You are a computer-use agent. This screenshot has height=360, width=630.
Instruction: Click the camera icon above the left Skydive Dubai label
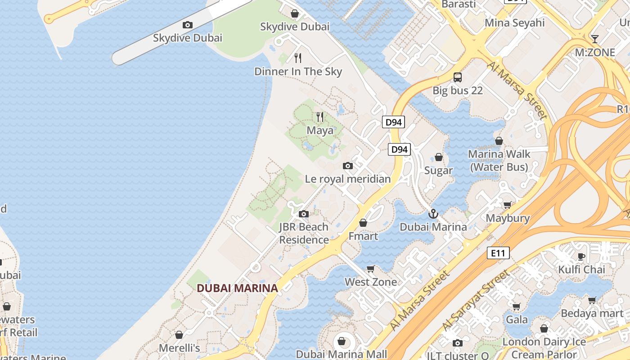coord(188,25)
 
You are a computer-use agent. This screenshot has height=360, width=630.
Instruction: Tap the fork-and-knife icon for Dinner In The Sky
coord(297,58)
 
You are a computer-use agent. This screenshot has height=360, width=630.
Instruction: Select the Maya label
coord(320,130)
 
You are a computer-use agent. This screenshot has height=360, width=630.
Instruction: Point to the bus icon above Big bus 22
coord(458,77)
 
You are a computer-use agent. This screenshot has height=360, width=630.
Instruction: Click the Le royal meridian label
coord(348,179)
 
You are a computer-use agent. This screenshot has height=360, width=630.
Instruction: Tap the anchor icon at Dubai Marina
coord(433,214)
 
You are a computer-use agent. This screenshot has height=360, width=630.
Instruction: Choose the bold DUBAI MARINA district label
coord(237,288)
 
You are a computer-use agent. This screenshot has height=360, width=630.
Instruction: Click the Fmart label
coord(363,236)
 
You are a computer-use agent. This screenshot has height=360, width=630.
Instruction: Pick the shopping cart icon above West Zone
coord(370,269)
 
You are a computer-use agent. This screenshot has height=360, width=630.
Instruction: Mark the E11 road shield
coord(498,253)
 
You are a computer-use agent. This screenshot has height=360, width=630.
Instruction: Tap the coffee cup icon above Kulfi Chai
coord(581,256)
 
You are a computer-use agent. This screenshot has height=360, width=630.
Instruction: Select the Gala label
coord(517,320)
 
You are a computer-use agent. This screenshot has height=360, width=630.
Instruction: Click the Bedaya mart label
coord(592,313)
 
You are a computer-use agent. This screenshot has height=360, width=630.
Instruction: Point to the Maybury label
coord(508,218)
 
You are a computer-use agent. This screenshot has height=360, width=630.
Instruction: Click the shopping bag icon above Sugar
coord(438,157)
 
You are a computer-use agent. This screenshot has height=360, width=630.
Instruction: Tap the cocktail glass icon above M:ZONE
coord(594,39)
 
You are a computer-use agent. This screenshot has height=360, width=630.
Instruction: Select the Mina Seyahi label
coord(514,22)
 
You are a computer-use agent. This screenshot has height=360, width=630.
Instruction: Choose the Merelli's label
coord(179,348)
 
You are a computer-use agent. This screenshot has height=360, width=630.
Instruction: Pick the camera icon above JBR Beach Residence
coord(304,214)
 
